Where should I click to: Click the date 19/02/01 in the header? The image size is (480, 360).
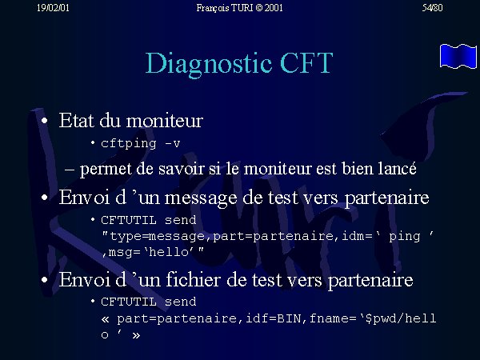(53, 8)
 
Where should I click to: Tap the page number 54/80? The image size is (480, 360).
(432, 8)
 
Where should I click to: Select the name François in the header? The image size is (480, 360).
(213, 8)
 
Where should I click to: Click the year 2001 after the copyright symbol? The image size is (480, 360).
(274, 8)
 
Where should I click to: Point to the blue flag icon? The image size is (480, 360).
(458, 56)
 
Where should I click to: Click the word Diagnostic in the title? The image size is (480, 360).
(209, 64)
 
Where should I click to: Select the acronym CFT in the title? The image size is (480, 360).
(306, 62)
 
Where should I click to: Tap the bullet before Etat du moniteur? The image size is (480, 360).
(45, 121)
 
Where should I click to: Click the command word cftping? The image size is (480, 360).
(129, 143)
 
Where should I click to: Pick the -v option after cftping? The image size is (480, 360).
(172, 143)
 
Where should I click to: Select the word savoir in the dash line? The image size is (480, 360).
(182, 169)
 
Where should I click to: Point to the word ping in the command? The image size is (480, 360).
(405, 237)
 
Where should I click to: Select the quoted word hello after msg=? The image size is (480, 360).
(169, 252)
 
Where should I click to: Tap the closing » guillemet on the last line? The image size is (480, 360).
(136, 335)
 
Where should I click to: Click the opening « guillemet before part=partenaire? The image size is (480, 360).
(105, 319)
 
